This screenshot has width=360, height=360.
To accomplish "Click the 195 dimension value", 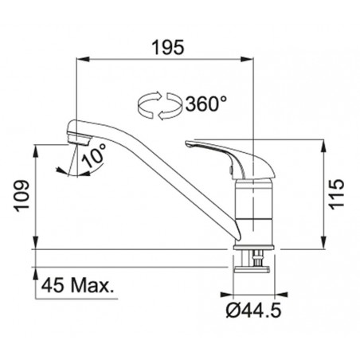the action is pos(168,48).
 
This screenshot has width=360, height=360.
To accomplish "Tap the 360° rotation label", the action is pos(206,104).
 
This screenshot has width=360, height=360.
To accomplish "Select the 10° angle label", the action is pos(94,156).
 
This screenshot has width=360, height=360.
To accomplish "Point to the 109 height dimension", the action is pos(22,196).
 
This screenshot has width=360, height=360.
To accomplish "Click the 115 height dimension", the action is pos(337,194).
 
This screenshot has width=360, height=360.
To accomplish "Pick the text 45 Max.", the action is pos(77,286).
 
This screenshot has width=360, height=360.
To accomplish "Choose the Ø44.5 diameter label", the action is pos(254,311).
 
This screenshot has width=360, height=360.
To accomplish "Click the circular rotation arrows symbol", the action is pos(160,105).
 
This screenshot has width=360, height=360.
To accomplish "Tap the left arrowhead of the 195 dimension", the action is pos(83,59).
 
